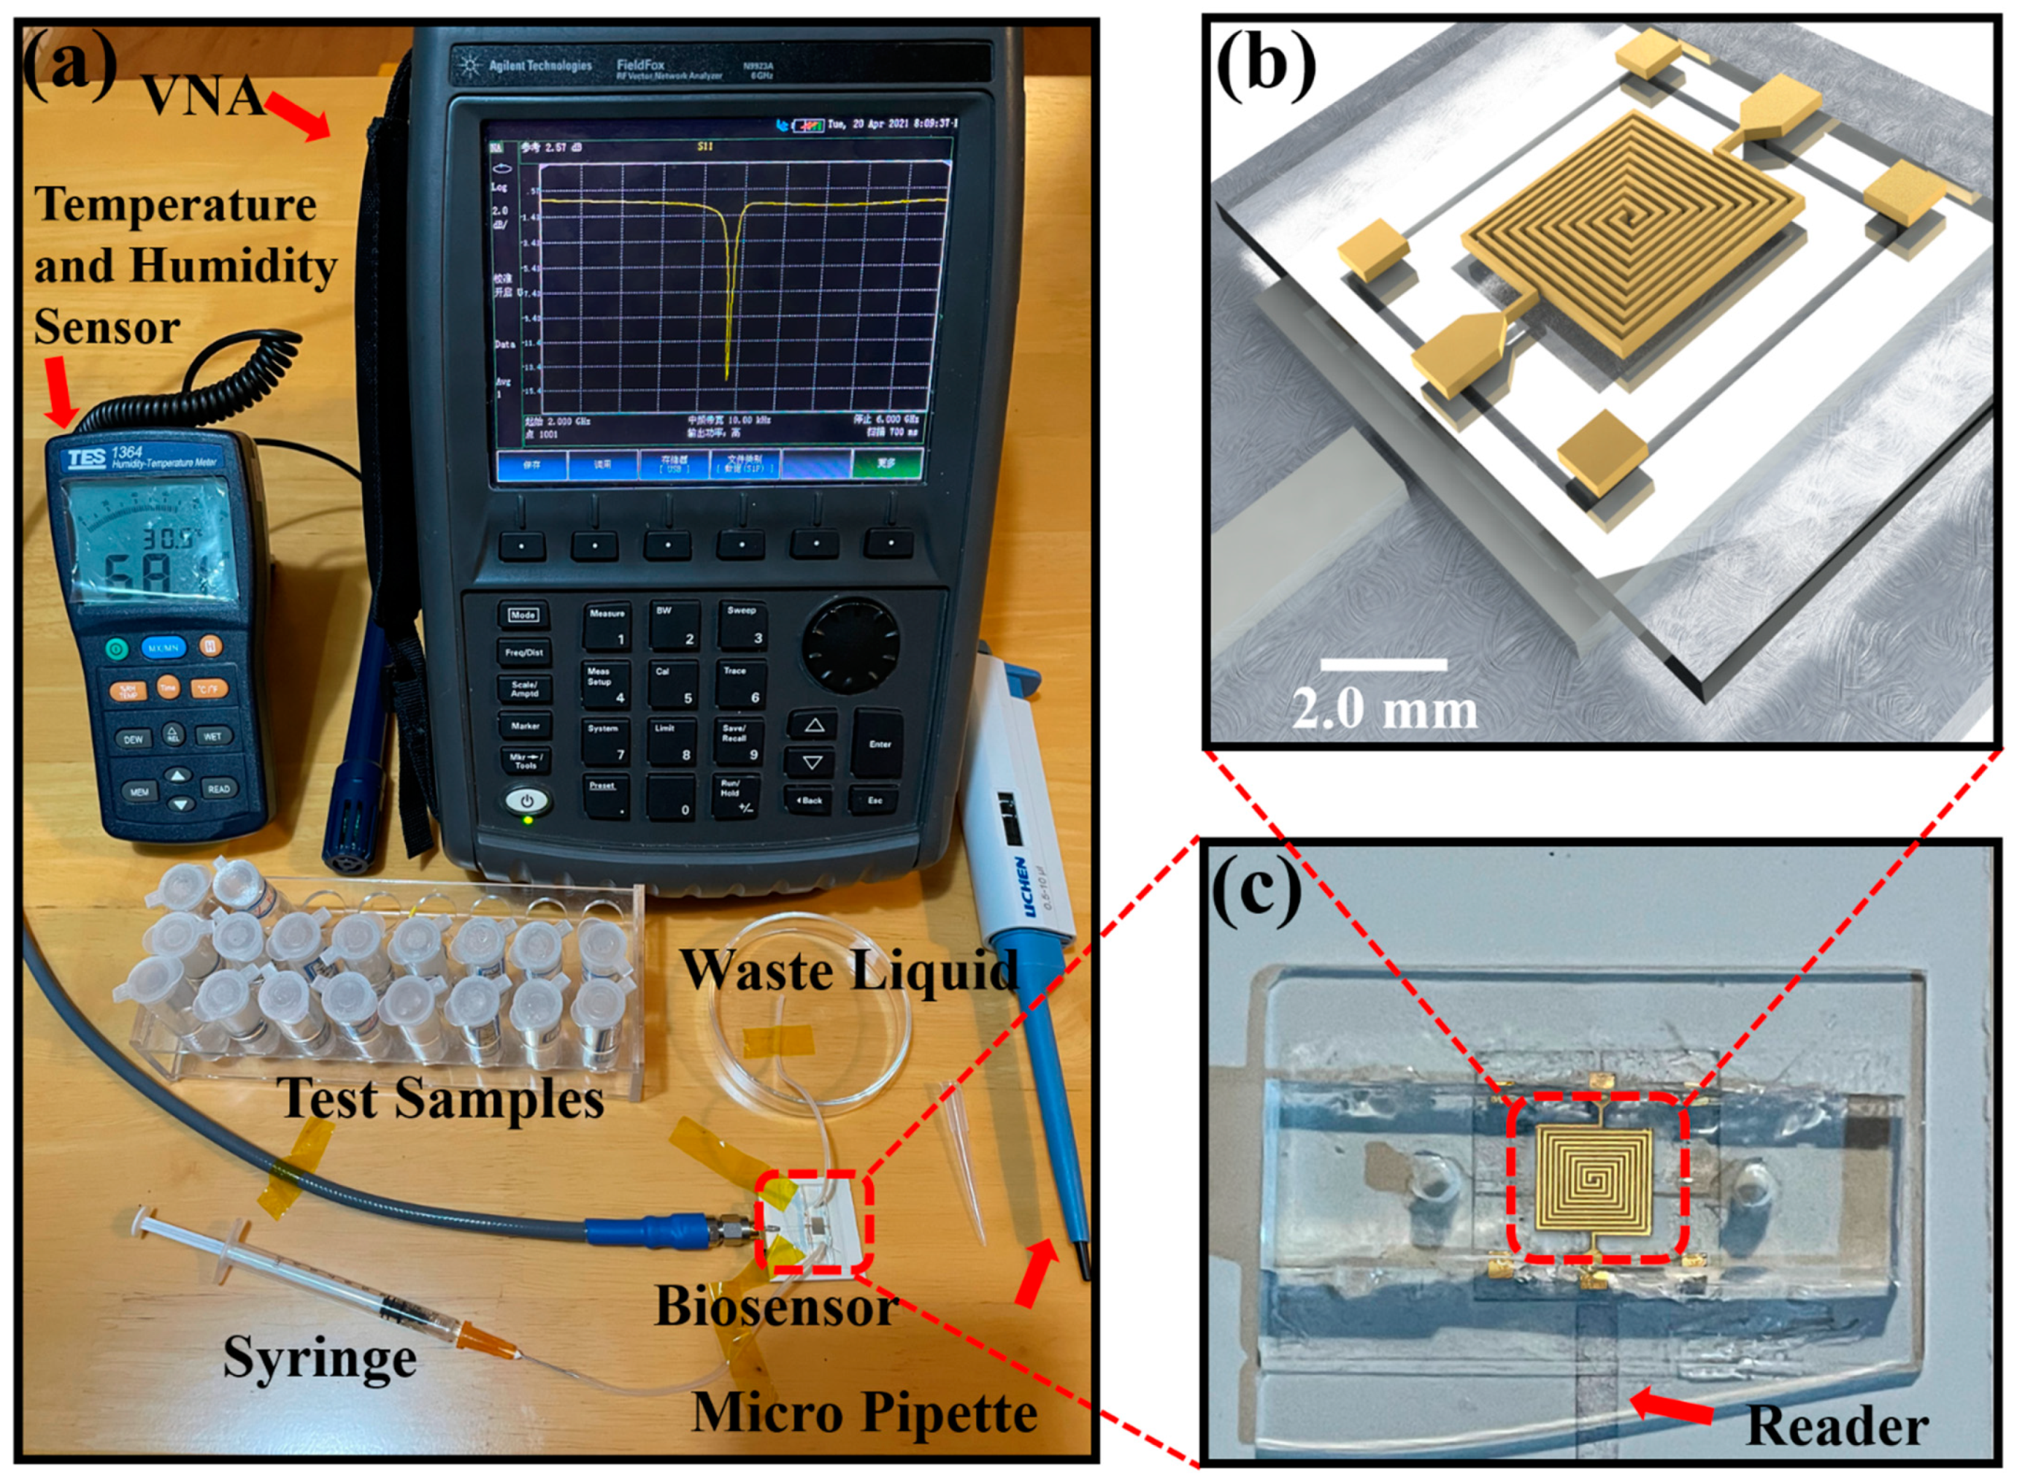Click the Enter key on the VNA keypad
click(x=879, y=743)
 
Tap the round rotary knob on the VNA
click(x=849, y=643)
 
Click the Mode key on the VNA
click(x=523, y=615)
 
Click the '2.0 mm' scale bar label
click(x=1385, y=710)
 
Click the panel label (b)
click(x=1264, y=66)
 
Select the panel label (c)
click(x=1256, y=889)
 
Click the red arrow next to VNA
click(x=300, y=119)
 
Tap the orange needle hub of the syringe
click(x=485, y=1341)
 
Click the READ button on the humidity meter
click(x=218, y=789)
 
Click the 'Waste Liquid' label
click(x=849, y=970)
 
